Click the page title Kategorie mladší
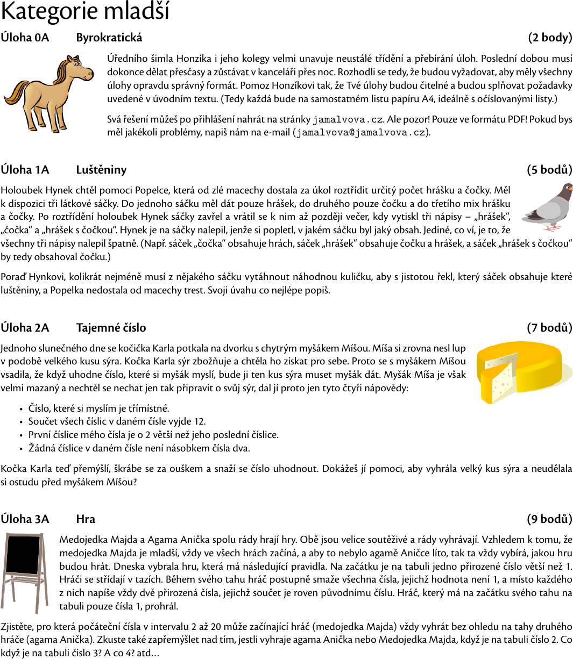tap(85, 12)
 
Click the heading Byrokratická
tap(109, 38)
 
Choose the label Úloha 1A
tap(25, 170)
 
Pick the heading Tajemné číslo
tap(111, 328)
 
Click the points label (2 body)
tap(550, 38)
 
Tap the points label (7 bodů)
tap(549, 328)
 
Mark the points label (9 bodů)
tap(549, 519)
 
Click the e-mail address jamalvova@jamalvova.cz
tap(360, 132)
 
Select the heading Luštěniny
tap(101, 170)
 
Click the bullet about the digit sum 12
tap(117, 421)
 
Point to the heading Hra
tap(86, 519)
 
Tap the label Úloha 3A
tap(25, 519)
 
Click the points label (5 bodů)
tap(549, 170)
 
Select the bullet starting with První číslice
tap(153, 435)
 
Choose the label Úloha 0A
tap(25, 38)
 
